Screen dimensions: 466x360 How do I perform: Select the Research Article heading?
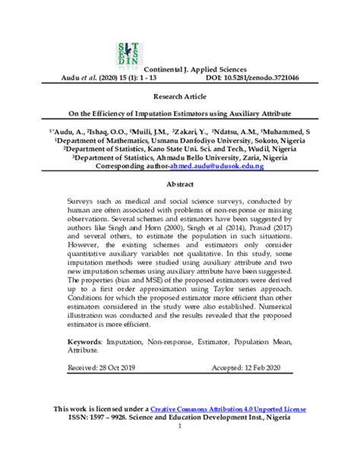point(179,97)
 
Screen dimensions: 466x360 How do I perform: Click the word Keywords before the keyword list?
point(80,343)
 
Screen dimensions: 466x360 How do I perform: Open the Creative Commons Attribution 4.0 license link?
point(228,409)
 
